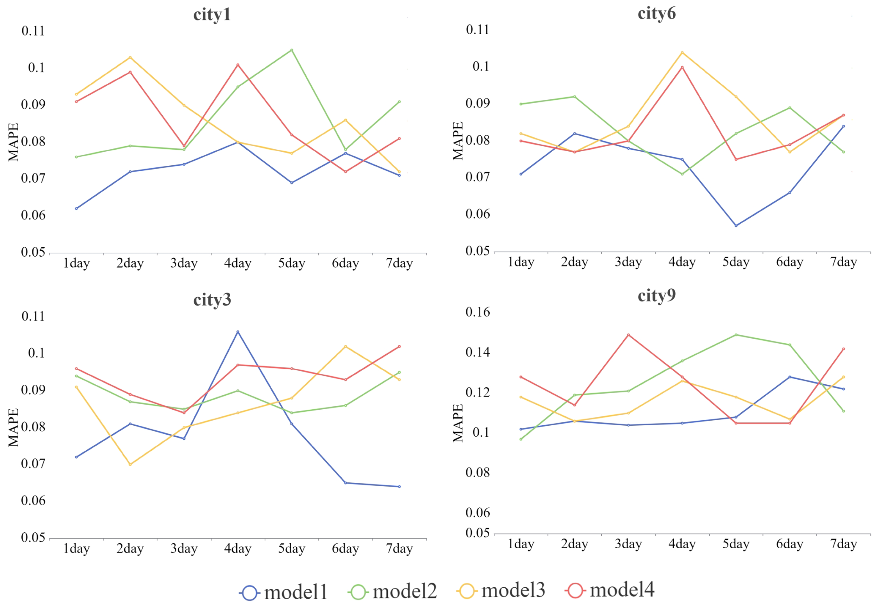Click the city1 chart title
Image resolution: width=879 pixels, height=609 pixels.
point(212,15)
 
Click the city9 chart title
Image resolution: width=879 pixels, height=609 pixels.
point(657,295)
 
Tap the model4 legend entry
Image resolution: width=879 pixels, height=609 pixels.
point(610,590)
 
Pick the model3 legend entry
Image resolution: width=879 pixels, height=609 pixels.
point(501,591)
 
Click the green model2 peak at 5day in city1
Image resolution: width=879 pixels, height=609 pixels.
point(292,50)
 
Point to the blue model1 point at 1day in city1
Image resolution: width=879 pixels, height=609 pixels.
point(76,209)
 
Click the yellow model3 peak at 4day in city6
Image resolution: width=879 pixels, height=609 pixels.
point(682,53)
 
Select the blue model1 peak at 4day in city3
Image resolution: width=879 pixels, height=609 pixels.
point(238,332)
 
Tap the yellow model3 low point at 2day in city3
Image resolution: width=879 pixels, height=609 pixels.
point(130,465)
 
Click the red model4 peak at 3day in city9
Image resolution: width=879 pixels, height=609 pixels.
point(628,335)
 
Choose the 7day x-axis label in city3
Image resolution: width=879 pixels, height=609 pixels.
point(399,549)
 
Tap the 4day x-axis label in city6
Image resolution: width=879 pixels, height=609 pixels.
point(682,262)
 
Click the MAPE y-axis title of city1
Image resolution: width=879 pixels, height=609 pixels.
point(13,142)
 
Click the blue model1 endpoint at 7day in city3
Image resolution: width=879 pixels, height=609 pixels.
point(399,487)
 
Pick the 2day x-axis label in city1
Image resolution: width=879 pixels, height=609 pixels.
point(130,263)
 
